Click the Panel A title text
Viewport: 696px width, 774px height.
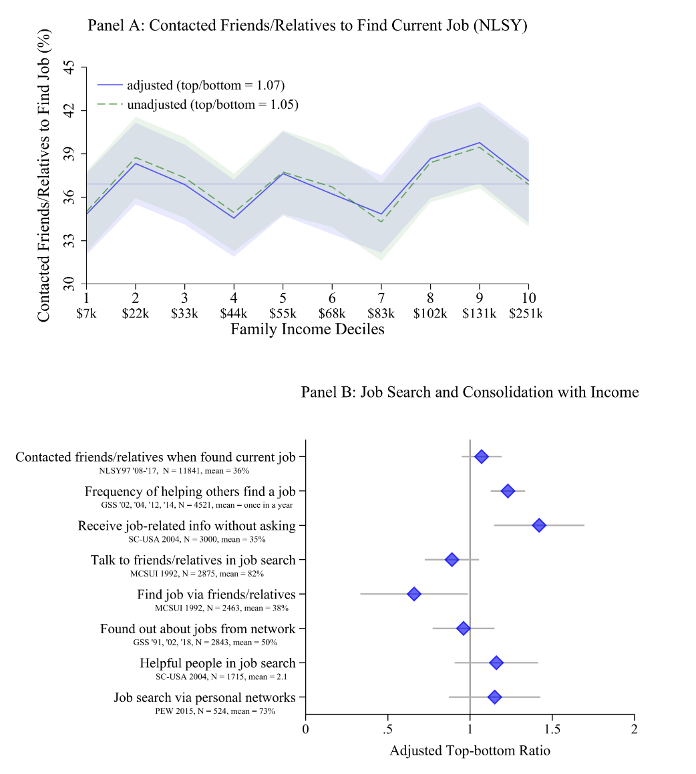click(x=308, y=26)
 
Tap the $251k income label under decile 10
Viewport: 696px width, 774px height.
click(x=524, y=314)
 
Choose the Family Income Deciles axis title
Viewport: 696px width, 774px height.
click(x=307, y=330)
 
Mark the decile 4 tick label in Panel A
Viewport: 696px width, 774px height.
click(x=234, y=298)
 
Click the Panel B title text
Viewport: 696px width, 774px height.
click(x=470, y=392)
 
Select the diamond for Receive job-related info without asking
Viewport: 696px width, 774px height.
click(x=538, y=526)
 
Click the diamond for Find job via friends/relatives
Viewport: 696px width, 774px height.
click(x=414, y=594)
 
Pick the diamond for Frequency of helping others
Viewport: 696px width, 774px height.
click(x=508, y=491)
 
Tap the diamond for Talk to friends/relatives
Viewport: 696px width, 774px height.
click(x=452, y=560)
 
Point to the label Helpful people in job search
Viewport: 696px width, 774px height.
click(x=217, y=663)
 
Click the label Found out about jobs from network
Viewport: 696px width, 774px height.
click(x=198, y=629)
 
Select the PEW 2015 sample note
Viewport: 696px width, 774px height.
click(x=215, y=711)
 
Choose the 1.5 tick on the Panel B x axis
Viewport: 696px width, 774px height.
click(x=552, y=728)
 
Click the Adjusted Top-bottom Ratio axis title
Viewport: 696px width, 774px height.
click(x=470, y=751)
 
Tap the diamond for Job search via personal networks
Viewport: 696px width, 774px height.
click(x=494, y=697)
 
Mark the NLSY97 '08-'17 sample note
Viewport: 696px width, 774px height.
click(x=174, y=470)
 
